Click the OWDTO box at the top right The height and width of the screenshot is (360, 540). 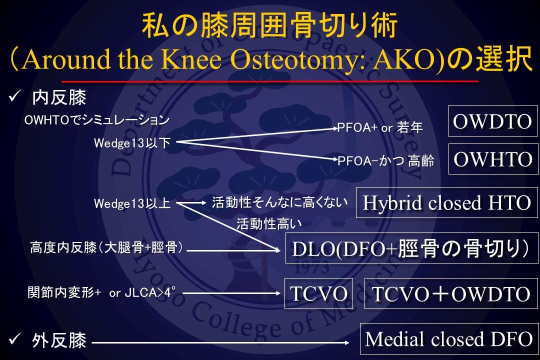coord(493,121)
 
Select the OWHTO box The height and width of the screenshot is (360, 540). coord(493,159)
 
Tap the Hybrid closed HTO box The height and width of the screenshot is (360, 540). coord(446,202)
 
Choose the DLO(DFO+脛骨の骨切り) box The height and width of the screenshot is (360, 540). coord(412,248)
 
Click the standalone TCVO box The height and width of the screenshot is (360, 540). coord(318,293)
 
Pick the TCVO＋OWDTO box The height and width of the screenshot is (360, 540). coord(451,293)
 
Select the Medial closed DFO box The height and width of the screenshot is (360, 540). coord(449,339)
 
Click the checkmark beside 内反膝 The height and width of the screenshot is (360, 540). coord(15,97)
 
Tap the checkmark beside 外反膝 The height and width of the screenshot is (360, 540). coord(15,339)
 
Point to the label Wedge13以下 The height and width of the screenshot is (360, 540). coord(132,142)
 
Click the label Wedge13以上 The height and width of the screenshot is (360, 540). coord(132,203)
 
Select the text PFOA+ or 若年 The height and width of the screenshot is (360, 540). coord(380,127)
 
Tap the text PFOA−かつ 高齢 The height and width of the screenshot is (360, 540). coord(385,161)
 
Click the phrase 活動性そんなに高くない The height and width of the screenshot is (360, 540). coord(279,202)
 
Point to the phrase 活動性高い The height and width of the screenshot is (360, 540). coord(269,224)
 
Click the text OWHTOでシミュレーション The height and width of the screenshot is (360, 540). coord(97,120)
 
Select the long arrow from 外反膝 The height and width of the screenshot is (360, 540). coord(221,343)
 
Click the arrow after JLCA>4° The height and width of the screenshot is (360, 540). coord(231,293)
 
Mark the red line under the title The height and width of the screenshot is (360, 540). coord(270,81)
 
